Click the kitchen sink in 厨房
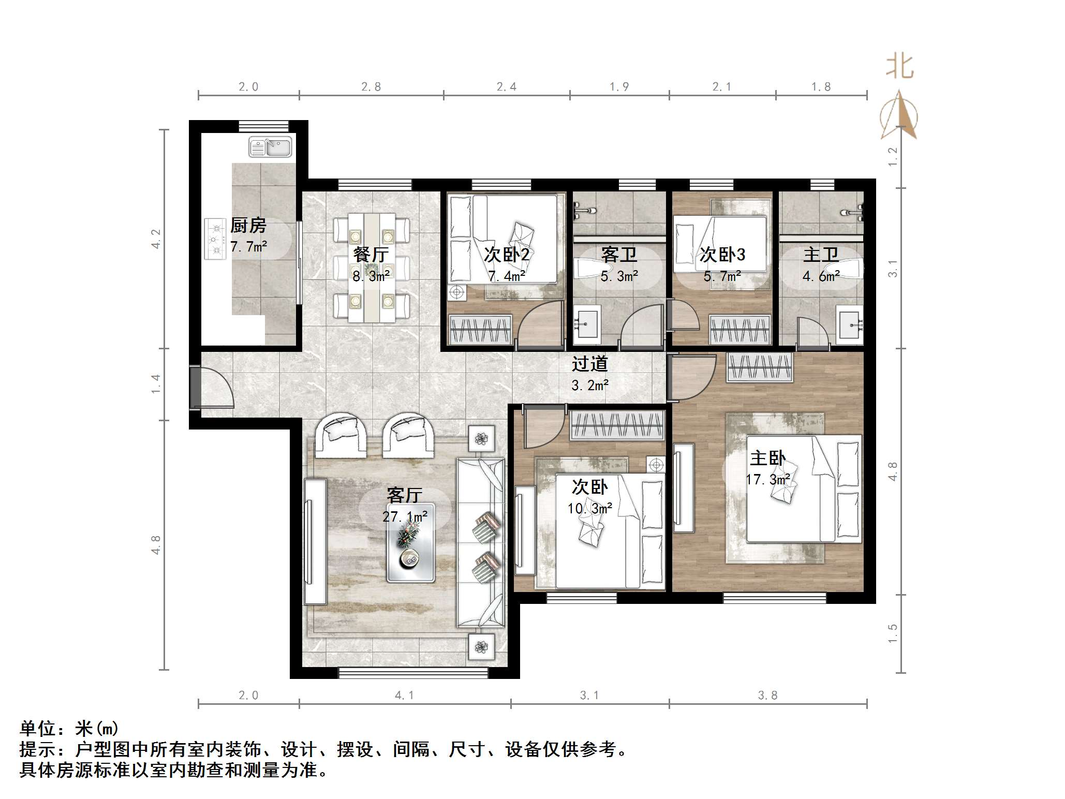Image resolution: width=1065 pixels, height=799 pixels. [x=270, y=147]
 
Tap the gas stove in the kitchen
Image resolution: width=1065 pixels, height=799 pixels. [x=215, y=239]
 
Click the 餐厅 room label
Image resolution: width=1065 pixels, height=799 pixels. [x=371, y=255]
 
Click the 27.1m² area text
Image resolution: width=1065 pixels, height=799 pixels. [x=405, y=516]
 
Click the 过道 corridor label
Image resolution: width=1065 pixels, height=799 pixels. [x=589, y=364]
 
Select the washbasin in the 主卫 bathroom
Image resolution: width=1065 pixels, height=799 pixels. [x=850, y=325]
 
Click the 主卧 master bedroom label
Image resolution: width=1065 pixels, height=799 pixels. [x=767, y=458]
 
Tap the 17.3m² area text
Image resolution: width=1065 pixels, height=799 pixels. [x=767, y=480]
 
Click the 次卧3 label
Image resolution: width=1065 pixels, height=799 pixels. [x=722, y=255]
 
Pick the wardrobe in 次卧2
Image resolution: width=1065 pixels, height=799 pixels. [x=481, y=330]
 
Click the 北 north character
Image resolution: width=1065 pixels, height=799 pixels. [x=899, y=67]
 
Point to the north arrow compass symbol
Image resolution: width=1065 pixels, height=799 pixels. [x=899, y=116]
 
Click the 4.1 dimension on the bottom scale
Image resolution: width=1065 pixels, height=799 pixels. [x=404, y=696]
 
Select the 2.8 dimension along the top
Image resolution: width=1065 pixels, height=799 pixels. [x=371, y=87]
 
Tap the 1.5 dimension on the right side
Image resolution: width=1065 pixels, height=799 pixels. [x=892, y=633]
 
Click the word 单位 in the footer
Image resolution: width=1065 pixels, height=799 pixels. [x=38, y=729]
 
